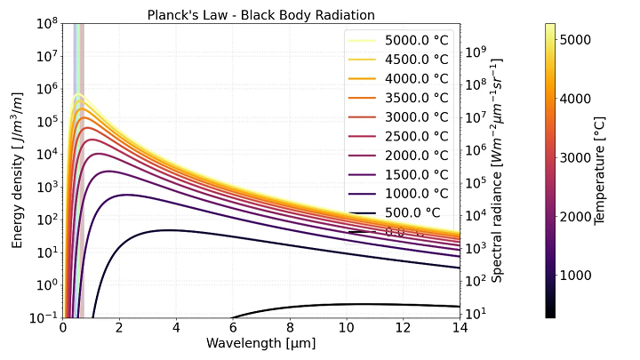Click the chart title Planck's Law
point(261,15)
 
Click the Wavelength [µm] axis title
point(261,343)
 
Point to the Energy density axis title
point(18,171)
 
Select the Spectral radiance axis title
point(498,171)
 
